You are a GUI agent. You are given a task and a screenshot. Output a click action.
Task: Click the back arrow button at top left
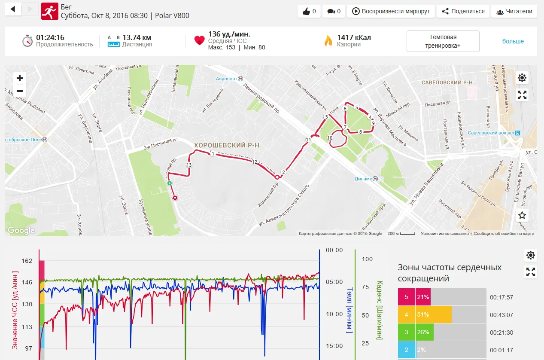(x=13, y=9)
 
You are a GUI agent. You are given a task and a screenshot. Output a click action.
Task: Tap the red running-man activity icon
(x=49, y=12)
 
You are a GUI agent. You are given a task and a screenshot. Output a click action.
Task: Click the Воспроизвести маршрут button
(x=391, y=12)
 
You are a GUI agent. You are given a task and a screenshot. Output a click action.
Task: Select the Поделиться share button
(x=463, y=12)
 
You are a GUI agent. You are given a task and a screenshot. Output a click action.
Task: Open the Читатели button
(x=514, y=12)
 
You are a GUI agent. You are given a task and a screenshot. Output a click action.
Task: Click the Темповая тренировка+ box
(x=443, y=41)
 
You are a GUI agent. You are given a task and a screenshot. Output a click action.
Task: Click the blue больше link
(x=513, y=41)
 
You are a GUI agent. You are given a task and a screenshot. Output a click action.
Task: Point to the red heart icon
(x=199, y=40)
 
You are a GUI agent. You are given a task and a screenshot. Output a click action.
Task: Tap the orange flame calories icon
(x=328, y=41)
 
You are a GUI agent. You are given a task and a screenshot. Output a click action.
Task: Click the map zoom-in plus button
(x=20, y=78)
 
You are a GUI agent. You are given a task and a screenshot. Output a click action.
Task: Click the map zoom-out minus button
(x=20, y=91)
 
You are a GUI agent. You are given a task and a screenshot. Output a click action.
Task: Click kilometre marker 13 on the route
(x=189, y=165)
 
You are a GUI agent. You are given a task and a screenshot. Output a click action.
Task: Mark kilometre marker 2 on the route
(x=283, y=172)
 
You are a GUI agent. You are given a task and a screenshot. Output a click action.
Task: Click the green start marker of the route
(x=170, y=183)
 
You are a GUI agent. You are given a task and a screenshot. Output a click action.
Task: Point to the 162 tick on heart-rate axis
(x=26, y=260)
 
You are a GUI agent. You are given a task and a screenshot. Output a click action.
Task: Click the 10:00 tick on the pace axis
(x=334, y=314)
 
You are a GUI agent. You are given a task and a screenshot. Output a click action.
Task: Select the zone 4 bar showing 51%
(x=425, y=314)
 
